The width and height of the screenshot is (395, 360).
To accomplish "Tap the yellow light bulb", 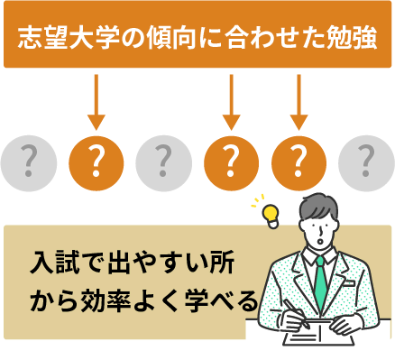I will tap(269, 213).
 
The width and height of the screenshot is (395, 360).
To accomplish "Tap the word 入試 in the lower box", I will tap(52, 266).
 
